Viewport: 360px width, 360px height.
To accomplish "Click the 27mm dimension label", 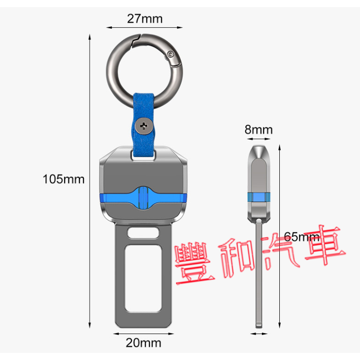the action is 145,18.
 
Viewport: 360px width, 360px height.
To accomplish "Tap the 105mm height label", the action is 64,179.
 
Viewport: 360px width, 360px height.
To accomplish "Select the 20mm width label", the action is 143,343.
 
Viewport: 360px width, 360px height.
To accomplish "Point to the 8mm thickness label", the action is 259,129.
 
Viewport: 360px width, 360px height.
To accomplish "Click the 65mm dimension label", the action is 301,236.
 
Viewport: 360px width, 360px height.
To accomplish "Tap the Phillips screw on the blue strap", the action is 144,126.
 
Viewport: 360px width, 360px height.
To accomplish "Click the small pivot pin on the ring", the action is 170,54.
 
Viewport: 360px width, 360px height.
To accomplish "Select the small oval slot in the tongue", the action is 143,233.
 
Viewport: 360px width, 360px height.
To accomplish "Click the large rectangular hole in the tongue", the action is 143,278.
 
